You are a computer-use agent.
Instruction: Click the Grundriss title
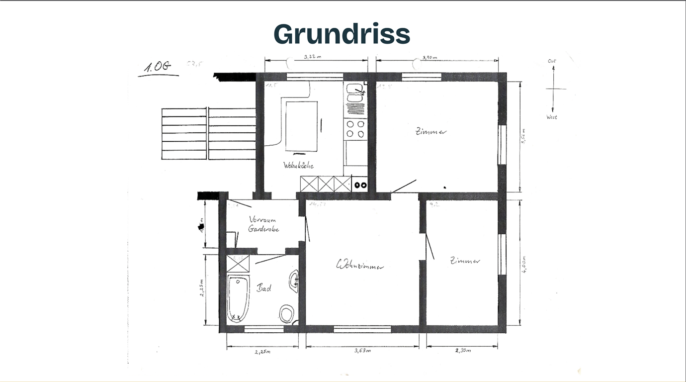342,34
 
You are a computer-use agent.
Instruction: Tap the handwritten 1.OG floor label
158,67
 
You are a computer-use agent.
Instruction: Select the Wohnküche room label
298,165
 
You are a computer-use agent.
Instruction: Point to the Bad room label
263,287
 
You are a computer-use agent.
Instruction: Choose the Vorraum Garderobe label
263,224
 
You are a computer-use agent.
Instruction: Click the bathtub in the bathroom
238,298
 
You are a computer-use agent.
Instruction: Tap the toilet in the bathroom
286,313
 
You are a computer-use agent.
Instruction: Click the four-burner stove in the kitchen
355,129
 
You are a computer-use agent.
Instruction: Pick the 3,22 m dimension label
313,57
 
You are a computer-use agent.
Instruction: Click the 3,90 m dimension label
429,58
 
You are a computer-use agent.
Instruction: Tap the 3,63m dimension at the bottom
362,351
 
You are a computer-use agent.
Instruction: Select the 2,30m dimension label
462,351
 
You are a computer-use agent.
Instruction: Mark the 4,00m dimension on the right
524,264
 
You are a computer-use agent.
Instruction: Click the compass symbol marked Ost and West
553,89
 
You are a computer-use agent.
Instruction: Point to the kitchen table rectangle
301,126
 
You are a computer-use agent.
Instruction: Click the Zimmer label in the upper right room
431,132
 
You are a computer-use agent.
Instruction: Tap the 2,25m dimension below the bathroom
262,352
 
